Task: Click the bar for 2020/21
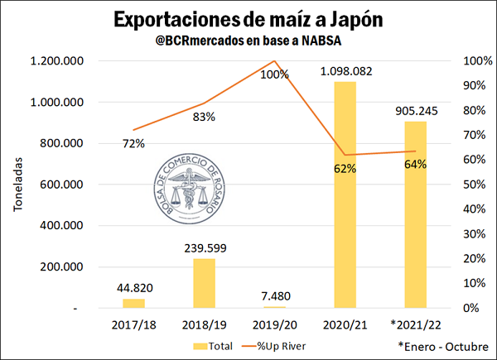point(345,194)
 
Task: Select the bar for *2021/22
point(416,214)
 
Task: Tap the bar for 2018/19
point(204,283)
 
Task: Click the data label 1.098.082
point(346,72)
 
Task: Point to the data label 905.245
point(416,111)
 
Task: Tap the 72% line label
point(133,143)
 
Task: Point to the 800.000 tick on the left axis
point(60,143)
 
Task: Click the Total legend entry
point(213,345)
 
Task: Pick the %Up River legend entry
point(279,345)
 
